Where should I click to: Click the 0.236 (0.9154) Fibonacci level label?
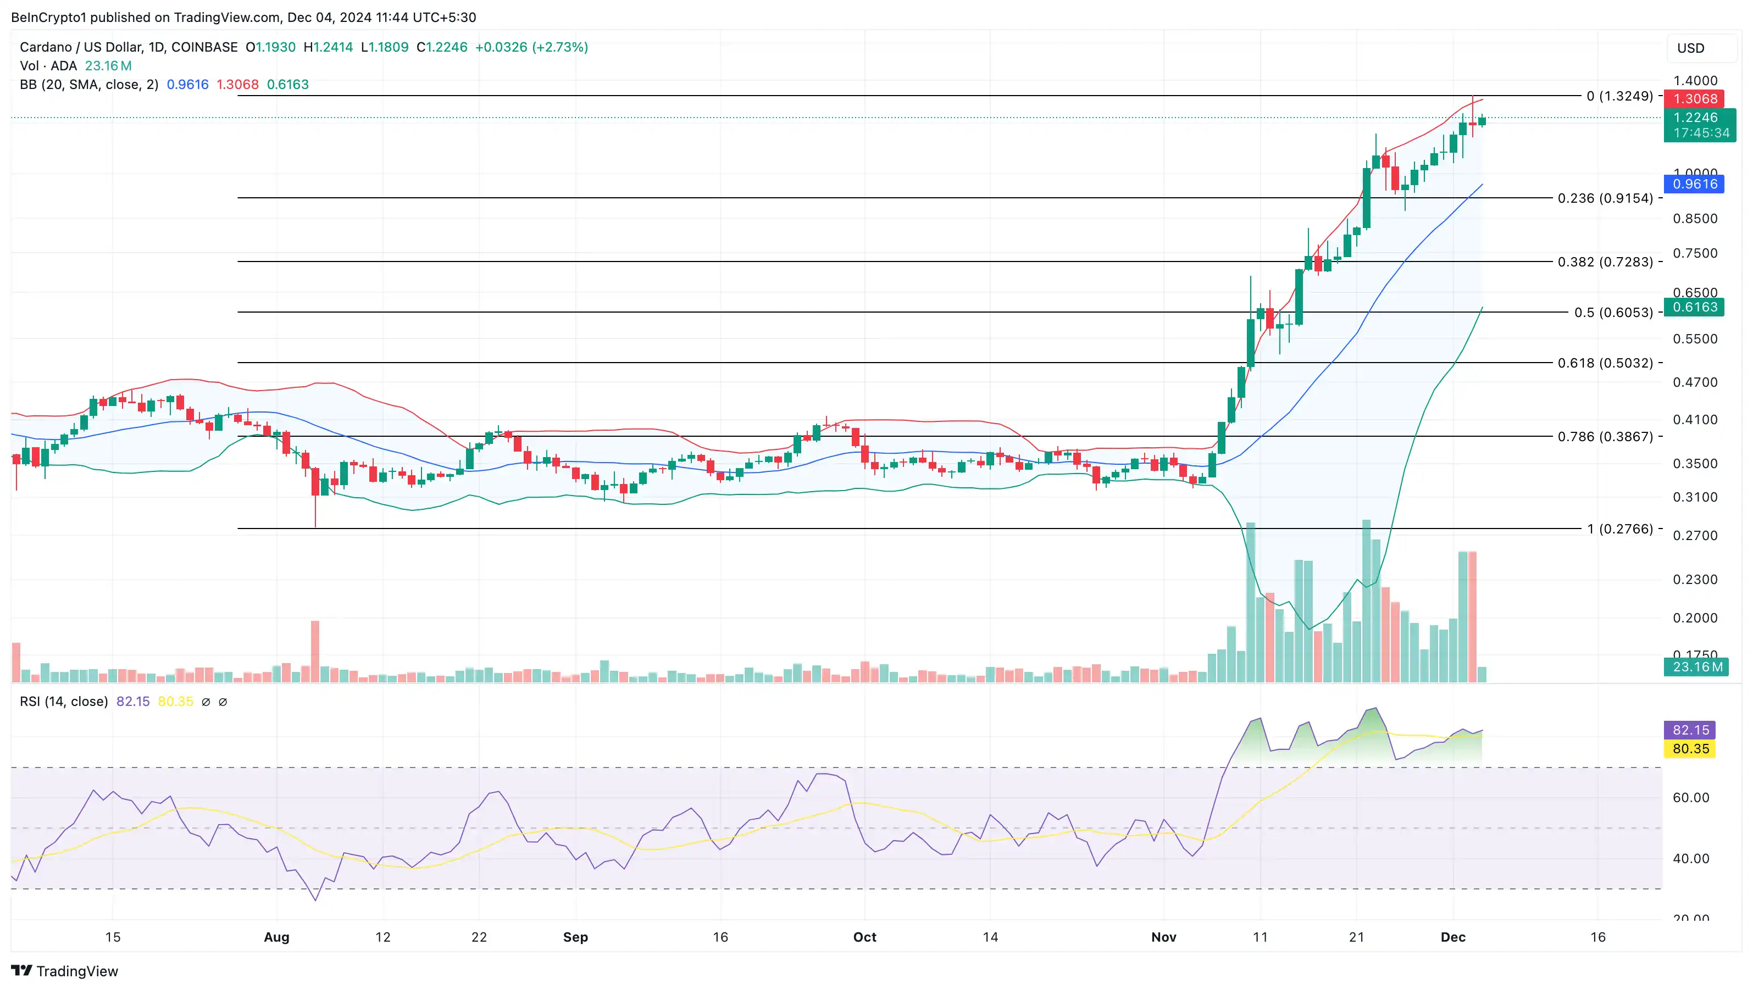pyautogui.click(x=1605, y=198)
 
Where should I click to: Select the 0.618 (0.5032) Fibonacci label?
pyautogui.click(x=1605, y=363)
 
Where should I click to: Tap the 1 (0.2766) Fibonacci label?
pyautogui.click(x=1619, y=529)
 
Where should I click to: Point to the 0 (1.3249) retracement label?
pyautogui.click(x=1619, y=96)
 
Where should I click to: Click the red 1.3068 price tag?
pyautogui.click(x=1695, y=99)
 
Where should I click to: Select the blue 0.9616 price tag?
pyautogui.click(x=1695, y=183)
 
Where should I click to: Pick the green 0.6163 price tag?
pyautogui.click(x=1695, y=307)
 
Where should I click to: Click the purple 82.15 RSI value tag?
pyautogui.click(x=1690, y=730)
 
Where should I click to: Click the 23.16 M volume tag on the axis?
pyautogui.click(x=1697, y=667)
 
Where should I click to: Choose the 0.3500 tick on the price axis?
pyautogui.click(x=1695, y=463)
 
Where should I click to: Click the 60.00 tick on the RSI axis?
pyautogui.click(x=1690, y=798)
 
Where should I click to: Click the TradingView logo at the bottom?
pyautogui.click(x=65, y=971)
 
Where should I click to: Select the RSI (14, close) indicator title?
pyautogui.click(x=64, y=702)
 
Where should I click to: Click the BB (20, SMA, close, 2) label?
pyautogui.click(x=89, y=85)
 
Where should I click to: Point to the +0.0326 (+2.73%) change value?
pyautogui.click(x=531, y=47)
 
